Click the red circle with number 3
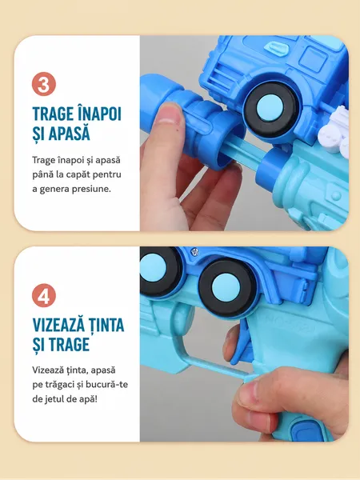(x=44, y=84)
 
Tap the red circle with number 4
(x=44, y=295)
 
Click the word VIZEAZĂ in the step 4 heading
(x=58, y=324)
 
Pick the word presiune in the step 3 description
(x=91, y=189)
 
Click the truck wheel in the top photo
(x=270, y=109)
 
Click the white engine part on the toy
(x=334, y=132)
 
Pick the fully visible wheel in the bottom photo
(x=226, y=287)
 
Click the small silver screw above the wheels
(x=194, y=252)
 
